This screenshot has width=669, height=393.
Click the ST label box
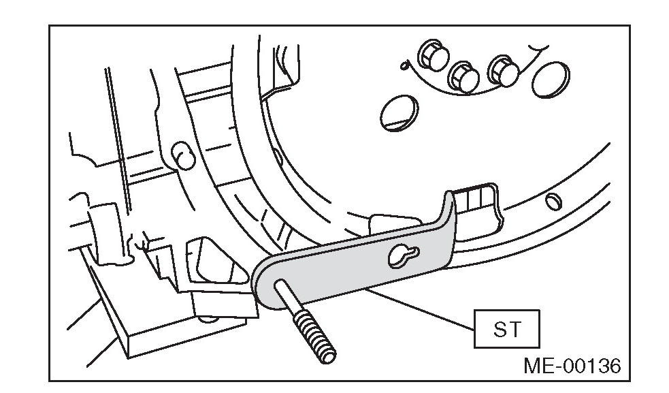tap(507, 330)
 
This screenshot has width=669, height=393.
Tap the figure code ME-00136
tap(572, 366)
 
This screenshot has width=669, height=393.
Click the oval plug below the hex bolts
tap(396, 110)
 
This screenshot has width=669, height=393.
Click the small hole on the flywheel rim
tap(553, 200)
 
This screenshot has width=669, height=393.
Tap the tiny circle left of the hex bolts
tap(404, 65)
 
